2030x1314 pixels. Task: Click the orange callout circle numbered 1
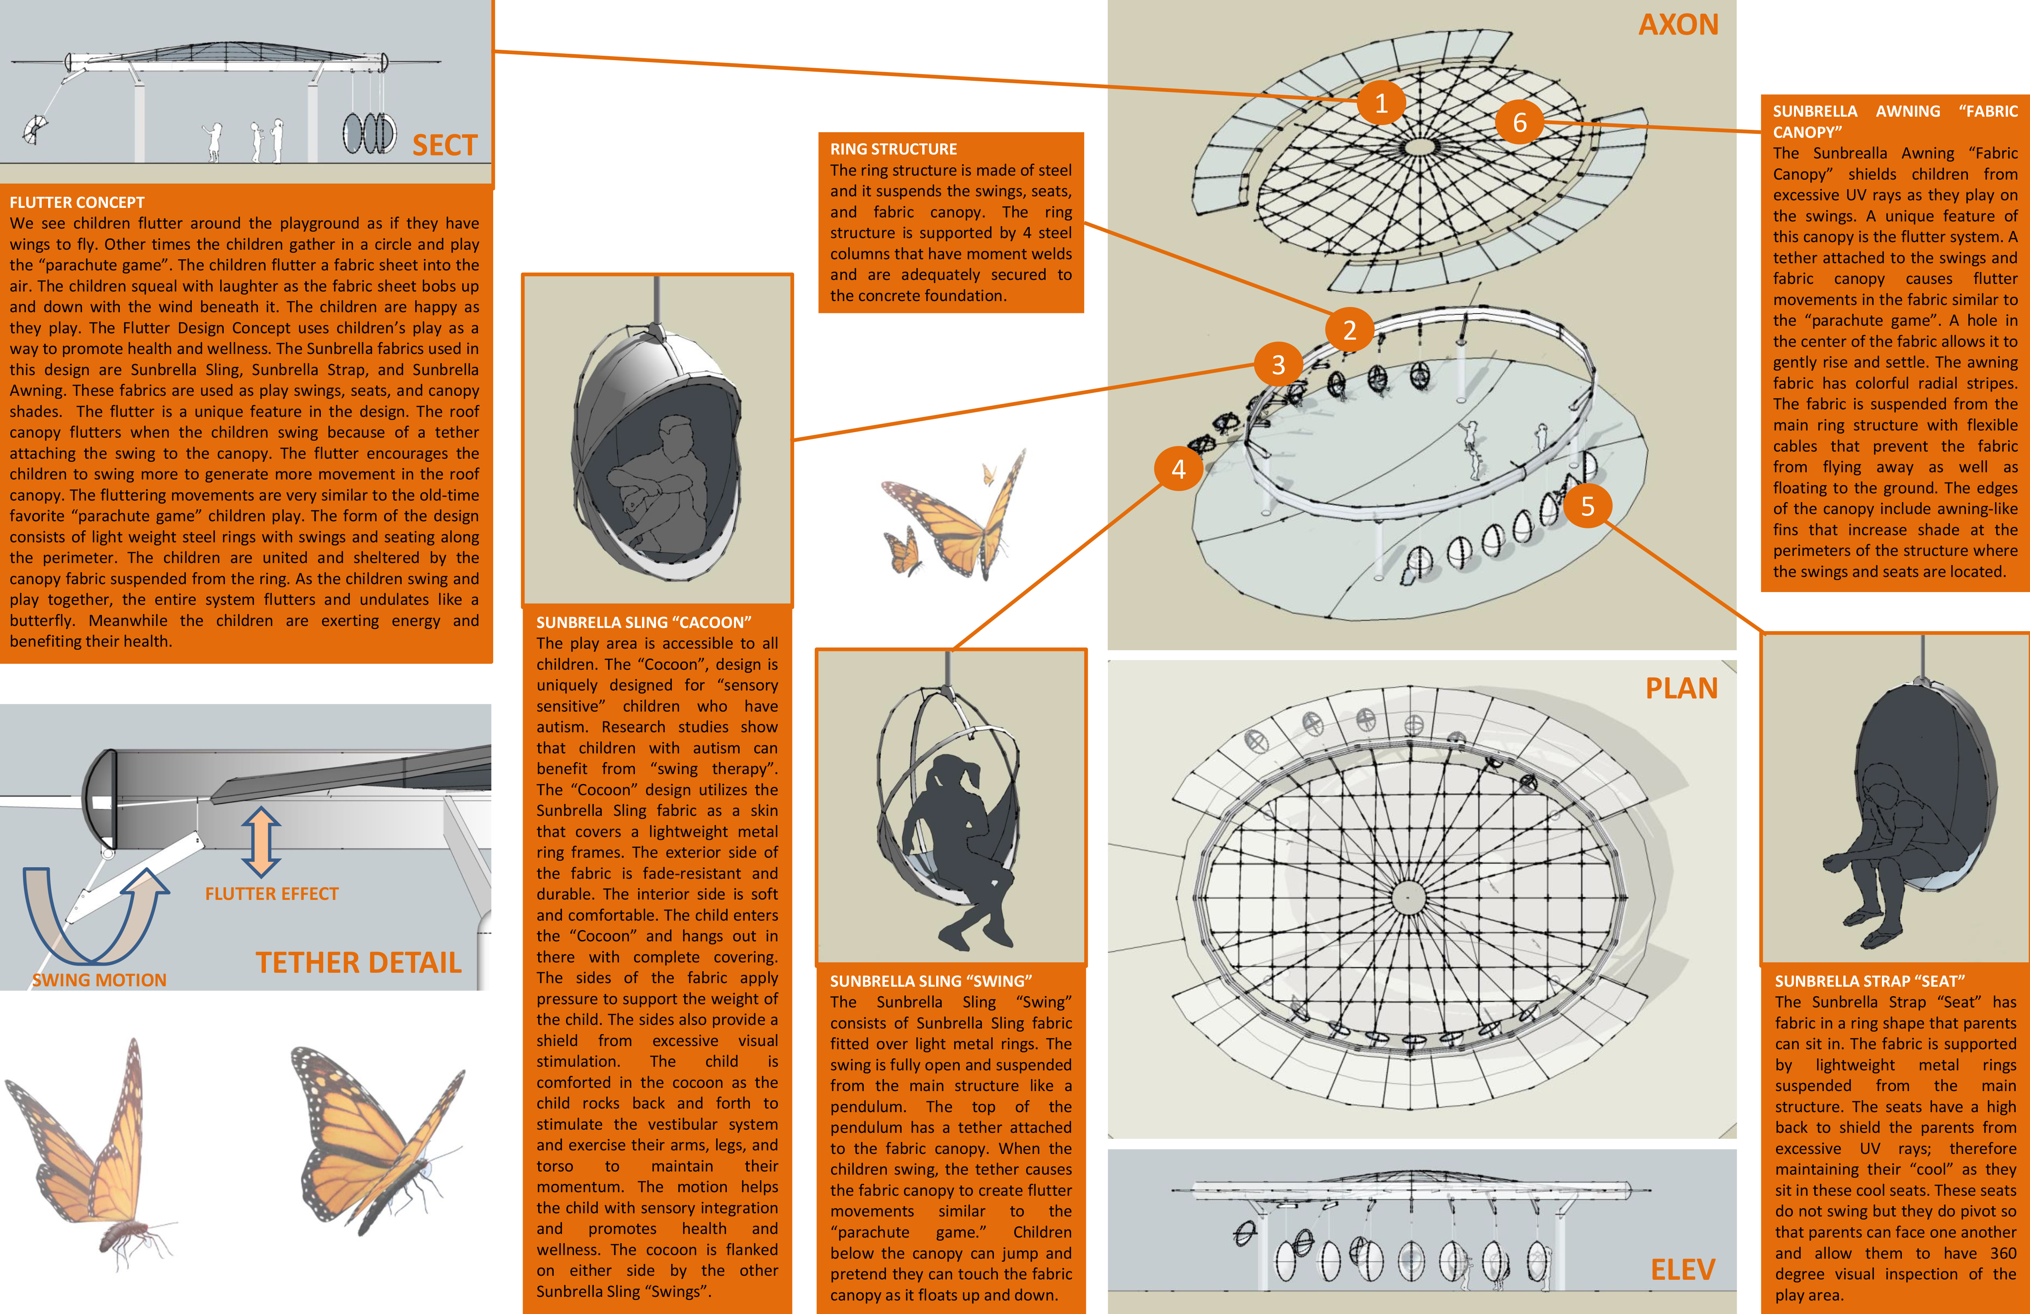1381,102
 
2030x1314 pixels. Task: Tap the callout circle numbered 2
1349,329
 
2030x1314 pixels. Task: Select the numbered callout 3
1278,364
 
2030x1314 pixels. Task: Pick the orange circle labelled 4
1178,468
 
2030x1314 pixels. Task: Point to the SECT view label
444,145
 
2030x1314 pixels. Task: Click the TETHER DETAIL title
358,962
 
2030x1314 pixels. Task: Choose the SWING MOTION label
99,980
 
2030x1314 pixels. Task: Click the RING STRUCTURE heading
893,149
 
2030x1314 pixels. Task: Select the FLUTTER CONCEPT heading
77,202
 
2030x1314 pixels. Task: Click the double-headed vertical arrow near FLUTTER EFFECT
261,841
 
